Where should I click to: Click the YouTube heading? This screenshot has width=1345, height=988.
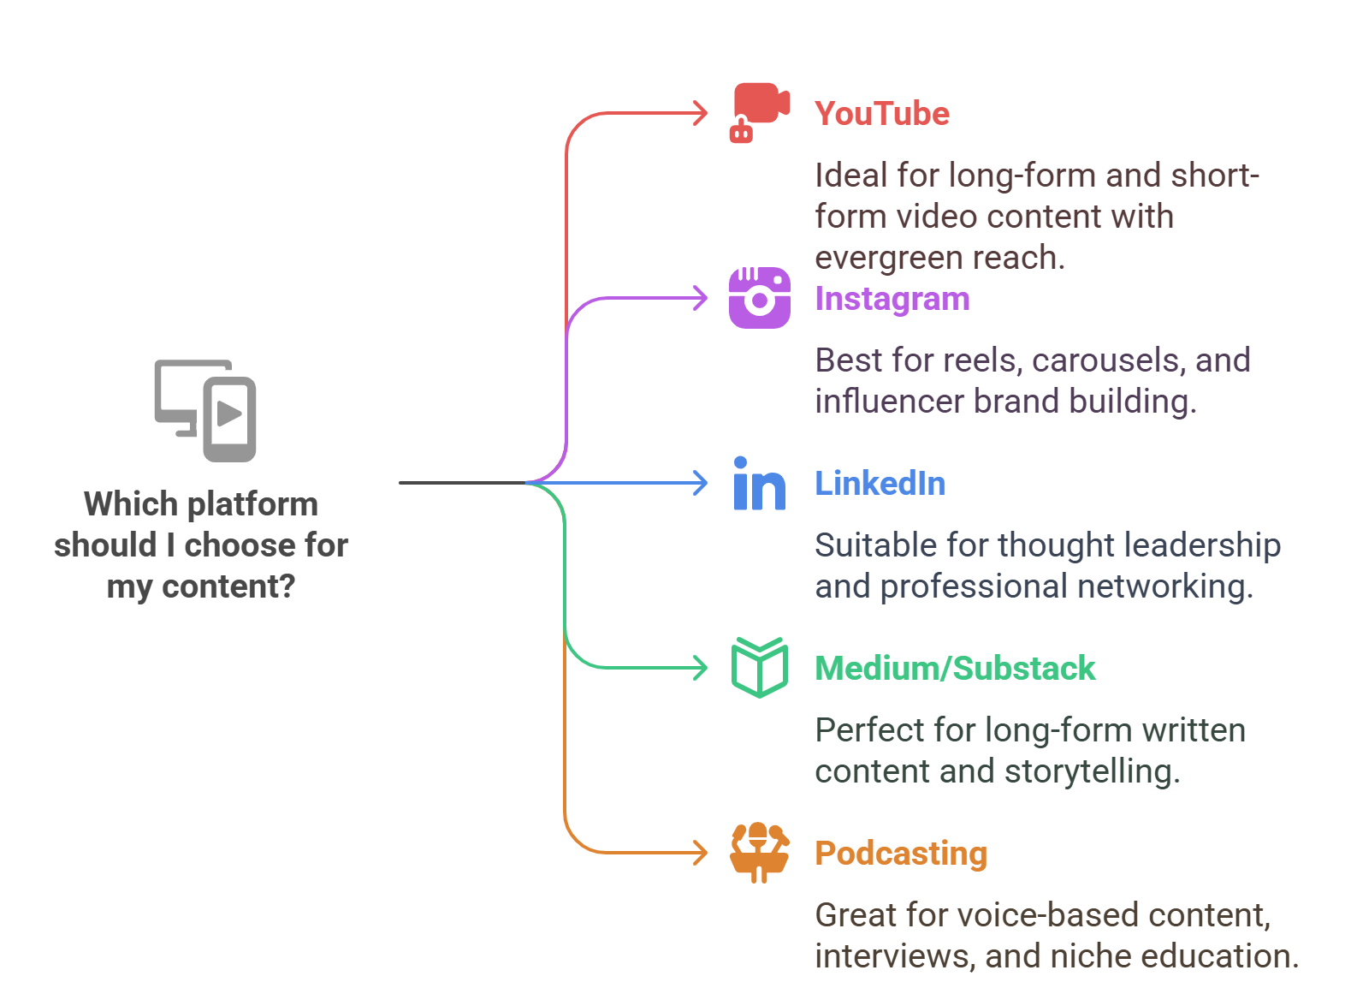pyautogui.click(x=881, y=114)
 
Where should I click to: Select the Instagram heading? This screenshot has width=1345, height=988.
pyautogui.click(x=892, y=299)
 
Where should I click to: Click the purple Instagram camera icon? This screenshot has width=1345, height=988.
pyautogui.click(x=759, y=298)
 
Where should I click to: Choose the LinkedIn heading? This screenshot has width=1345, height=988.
pyautogui.click(x=880, y=484)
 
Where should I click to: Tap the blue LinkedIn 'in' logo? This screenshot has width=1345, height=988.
pyautogui.click(x=759, y=484)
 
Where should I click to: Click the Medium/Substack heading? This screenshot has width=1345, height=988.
pyautogui.click(x=954, y=669)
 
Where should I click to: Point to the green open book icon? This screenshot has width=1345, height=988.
pyautogui.click(x=759, y=668)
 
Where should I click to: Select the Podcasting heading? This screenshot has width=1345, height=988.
pyautogui.click(x=900, y=854)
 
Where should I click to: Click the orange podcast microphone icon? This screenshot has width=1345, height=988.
pyautogui.click(x=759, y=852)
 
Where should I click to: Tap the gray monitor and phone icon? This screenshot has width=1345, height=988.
pyautogui.click(x=205, y=410)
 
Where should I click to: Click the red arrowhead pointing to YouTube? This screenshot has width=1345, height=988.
pyautogui.click(x=702, y=113)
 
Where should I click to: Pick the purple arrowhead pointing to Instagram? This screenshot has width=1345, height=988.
pyautogui.click(x=702, y=298)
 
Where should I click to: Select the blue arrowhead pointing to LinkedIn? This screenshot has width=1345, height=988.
pyautogui.click(x=702, y=483)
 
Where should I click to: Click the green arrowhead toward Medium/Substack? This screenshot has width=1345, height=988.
pyautogui.click(x=702, y=668)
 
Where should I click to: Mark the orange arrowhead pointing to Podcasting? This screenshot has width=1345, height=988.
pyautogui.click(x=702, y=853)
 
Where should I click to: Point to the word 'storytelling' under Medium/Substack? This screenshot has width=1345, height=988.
pyautogui.click(x=1091, y=771)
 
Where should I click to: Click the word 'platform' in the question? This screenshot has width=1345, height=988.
pyautogui.click(x=252, y=504)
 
